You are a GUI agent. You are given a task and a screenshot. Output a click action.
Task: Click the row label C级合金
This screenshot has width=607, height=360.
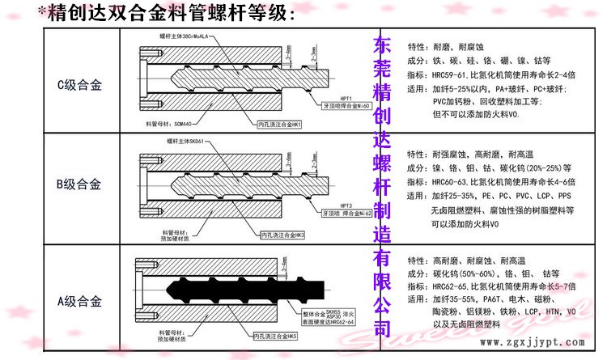79,83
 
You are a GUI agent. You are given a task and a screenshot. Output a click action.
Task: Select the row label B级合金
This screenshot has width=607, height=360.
79,185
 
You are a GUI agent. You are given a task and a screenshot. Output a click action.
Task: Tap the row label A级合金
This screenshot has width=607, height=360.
79,302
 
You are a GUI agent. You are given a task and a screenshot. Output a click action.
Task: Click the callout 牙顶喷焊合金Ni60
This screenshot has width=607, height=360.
346,107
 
